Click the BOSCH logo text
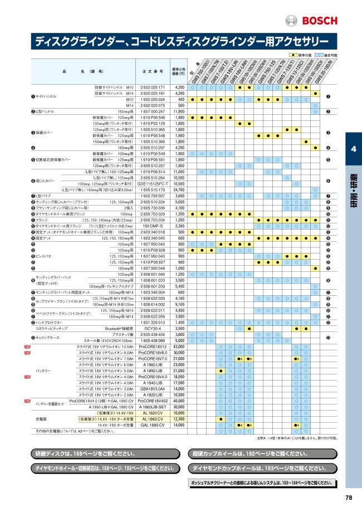pyautogui.click(x=319, y=21)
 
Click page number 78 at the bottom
pyautogui.click(x=349, y=498)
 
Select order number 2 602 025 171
pyautogui.click(x=153, y=87)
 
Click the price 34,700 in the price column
pyautogui.click(x=178, y=189)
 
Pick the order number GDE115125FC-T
pyautogui.click(x=153, y=183)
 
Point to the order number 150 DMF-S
pyautogui.click(x=153, y=226)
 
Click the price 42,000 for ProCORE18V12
pyautogui.click(x=178, y=347)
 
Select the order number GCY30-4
pyautogui.click(x=153, y=329)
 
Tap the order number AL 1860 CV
pyautogui.click(x=153, y=418)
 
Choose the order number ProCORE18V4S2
pyautogui.click(x=153, y=401)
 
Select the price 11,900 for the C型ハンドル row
pyautogui.click(x=178, y=111)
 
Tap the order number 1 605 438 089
pyautogui.click(x=153, y=340)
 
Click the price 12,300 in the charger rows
pyautogui.click(x=178, y=418)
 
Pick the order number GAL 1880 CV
pyautogui.click(x=153, y=425)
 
